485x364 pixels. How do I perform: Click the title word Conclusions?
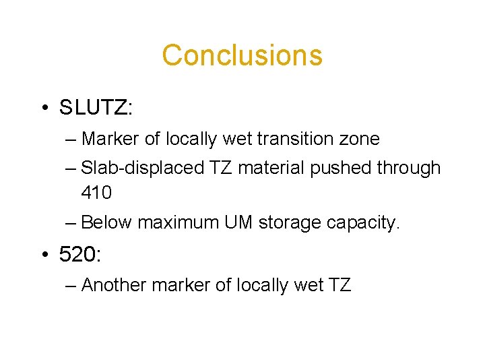point(242,55)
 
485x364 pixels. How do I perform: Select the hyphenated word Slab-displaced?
point(141,169)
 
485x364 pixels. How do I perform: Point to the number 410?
point(96,193)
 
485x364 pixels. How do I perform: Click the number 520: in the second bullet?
point(79,255)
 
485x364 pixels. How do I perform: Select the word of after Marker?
point(152,140)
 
